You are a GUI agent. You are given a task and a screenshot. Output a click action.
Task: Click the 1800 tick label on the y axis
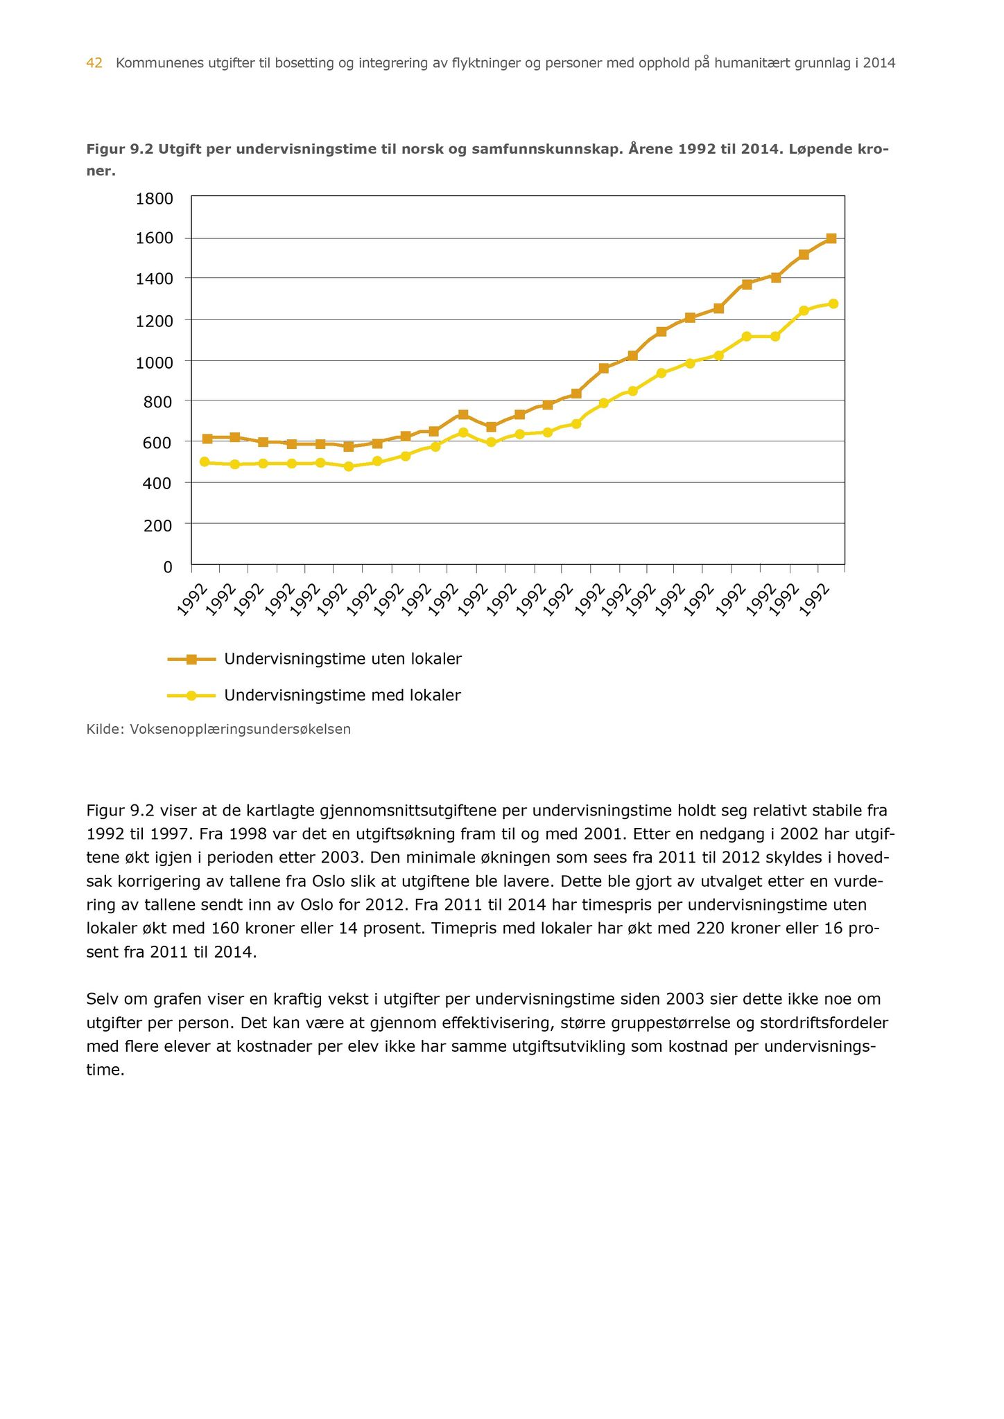[154, 200]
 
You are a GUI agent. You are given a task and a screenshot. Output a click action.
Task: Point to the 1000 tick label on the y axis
[154, 362]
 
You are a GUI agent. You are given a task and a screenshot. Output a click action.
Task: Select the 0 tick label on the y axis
[167, 567]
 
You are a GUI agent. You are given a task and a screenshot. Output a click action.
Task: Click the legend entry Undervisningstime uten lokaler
[343, 659]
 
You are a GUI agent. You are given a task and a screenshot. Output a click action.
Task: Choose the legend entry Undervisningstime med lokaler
[342, 695]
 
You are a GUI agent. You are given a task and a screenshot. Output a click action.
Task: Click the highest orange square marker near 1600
[831, 238]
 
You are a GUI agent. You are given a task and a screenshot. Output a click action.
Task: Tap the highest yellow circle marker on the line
[833, 303]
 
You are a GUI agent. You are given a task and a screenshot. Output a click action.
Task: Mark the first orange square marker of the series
[207, 439]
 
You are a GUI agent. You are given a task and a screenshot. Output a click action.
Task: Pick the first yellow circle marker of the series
[205, 461]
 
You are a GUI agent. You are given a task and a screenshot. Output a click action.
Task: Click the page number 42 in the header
[94, 63]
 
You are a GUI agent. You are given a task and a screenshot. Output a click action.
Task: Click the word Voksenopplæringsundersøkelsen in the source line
[241, 729]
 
